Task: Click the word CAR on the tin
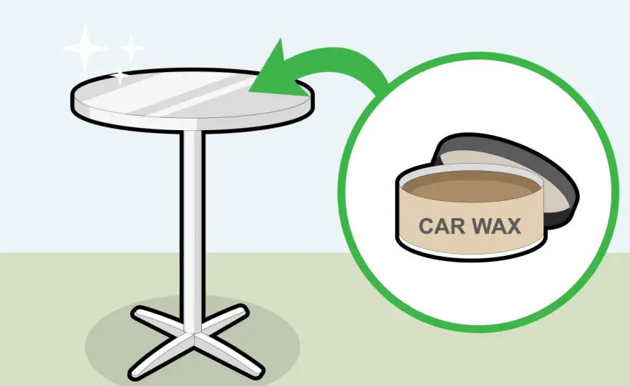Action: click(442, 226)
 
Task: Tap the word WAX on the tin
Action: click(496, 226)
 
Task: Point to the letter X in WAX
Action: click(513, 226)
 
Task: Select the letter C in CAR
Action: click(426, 226)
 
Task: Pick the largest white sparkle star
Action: click(84, 48)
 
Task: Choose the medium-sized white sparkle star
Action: click(131, 49)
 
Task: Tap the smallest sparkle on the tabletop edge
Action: click(120, 76)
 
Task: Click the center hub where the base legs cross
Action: click(193, 335)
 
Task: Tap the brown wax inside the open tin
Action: click(470, 186)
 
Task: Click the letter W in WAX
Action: click(480, 226)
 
